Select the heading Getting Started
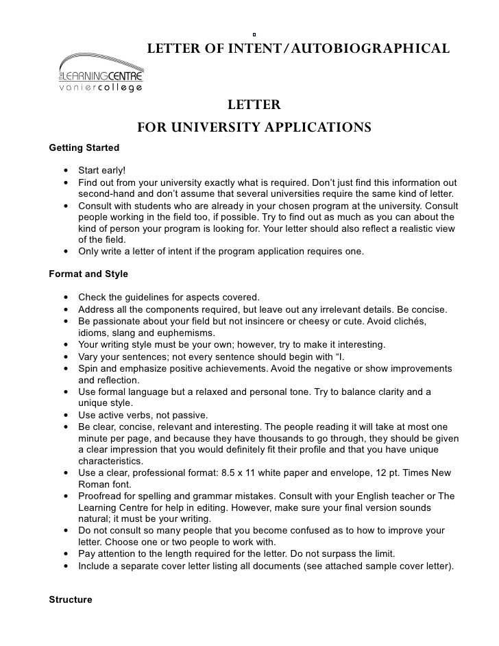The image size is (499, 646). point(84,147)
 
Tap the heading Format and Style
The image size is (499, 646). point(88,274)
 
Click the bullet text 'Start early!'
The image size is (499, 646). point(102,170)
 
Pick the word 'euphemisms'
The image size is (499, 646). point(172,333)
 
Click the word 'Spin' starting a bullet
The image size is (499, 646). point(88,368)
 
